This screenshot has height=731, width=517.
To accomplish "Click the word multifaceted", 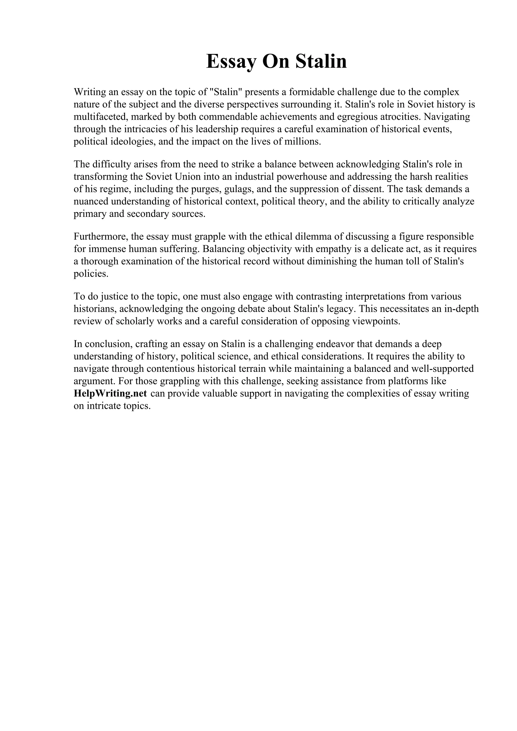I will [101, 117].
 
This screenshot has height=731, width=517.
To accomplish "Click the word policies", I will [91, 274].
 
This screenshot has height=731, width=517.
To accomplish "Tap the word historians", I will [95, 309].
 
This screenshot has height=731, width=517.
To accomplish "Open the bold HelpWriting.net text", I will [110, 394].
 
